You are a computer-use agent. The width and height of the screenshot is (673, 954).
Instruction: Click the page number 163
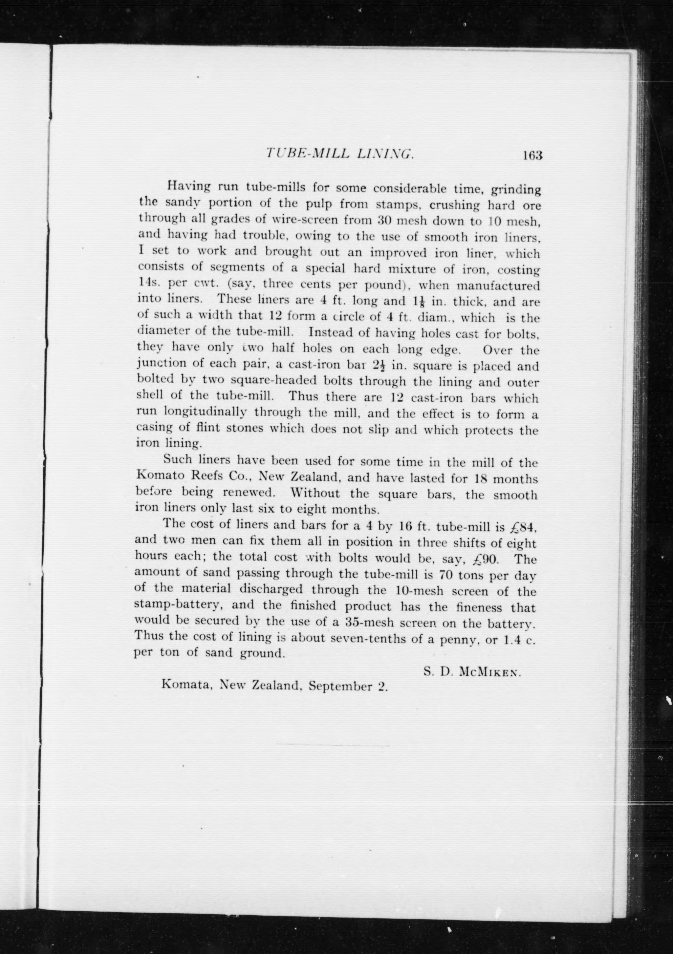coord(528,156)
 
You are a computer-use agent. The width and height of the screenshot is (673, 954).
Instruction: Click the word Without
coord(315,494)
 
